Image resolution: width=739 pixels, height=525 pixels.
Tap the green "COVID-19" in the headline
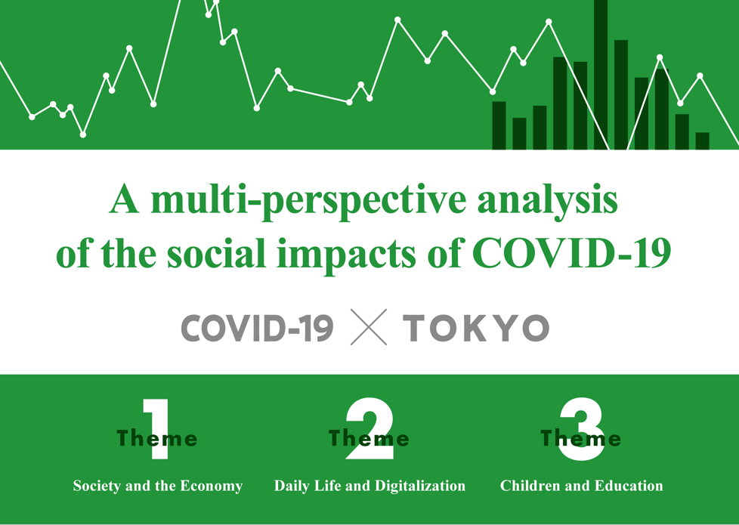(572, 253)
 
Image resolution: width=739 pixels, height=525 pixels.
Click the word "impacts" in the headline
(346, 255)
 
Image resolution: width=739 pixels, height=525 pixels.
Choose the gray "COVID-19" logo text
(258, 328)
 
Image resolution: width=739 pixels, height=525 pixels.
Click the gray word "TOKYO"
(476, 328)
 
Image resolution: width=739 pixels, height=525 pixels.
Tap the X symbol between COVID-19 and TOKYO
(369, 327)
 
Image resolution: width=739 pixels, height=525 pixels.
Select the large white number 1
(157, 429)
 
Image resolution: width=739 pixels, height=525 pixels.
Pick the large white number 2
(369, 428)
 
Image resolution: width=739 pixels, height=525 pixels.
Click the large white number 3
(582, 429)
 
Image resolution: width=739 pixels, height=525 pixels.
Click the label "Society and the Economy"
(158, 486)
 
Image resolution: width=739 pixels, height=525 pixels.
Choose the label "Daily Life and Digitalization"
(370, 486)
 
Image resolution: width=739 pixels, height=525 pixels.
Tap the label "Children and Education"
(582, 486)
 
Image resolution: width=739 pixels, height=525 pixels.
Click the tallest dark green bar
(601, 75)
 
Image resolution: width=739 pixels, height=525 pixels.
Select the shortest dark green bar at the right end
(702, 141)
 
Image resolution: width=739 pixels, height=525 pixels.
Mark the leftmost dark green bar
(499, 125)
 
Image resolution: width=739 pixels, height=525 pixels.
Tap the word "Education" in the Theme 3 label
(629, 486)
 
